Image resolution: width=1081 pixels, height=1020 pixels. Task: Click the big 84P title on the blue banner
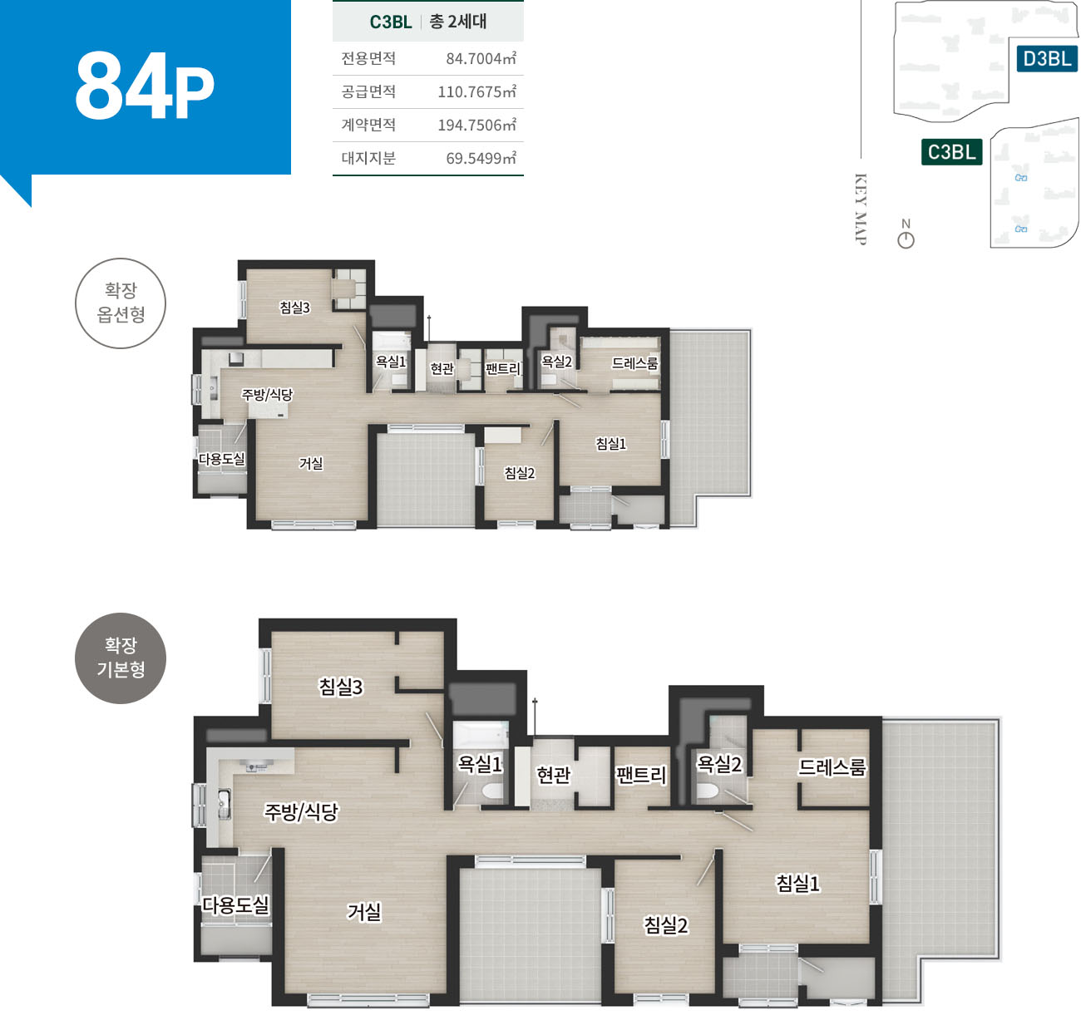pos(145,86)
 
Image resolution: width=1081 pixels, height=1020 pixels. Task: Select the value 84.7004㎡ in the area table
pos(481,57)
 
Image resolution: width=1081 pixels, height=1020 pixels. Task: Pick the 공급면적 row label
pos(368,91)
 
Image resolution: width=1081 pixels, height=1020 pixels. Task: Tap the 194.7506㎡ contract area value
pos(476,125)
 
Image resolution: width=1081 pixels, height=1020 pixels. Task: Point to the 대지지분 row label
pos(368,158)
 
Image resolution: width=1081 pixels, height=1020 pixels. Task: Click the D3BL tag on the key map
pos(1047,59)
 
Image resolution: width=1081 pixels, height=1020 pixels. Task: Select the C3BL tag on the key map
pos(951,152)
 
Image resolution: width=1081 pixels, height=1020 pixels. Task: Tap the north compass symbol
pos(906,234)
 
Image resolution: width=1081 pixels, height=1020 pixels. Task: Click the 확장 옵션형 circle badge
pos(121,303)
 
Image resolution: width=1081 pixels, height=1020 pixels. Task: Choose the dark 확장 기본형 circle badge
pos(121,658)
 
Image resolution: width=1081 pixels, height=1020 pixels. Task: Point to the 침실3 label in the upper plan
pos(294,308)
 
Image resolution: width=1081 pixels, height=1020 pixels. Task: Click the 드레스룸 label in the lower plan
pos(832,767)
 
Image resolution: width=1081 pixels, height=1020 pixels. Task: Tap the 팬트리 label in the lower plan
pos(640,775)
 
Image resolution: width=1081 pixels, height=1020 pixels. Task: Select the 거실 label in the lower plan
pos(364,912)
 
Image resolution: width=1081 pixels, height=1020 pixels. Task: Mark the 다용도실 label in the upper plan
pos(221,459)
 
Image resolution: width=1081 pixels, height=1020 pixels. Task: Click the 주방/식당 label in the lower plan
pos(301,811)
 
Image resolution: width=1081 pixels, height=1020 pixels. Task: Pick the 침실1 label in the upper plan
pos(610,444)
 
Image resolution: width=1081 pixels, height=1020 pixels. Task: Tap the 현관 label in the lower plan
pos(553,775)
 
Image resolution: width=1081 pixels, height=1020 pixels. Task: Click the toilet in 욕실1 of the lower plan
pos(494,791)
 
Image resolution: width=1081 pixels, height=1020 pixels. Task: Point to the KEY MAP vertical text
pos(860,209)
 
